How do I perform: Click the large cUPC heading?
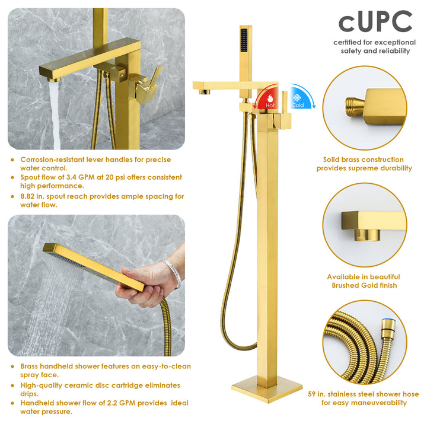coord(375,22)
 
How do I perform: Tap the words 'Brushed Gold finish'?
coord(364,285)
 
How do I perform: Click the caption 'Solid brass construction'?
coord(364,160)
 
